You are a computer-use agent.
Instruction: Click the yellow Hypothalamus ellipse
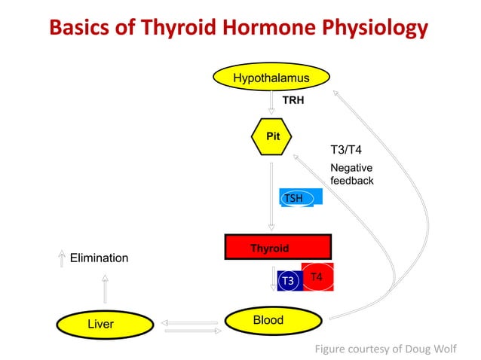click(x=271, y=78)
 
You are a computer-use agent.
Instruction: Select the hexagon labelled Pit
click(x=272, y=137)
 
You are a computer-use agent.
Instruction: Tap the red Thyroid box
click(x=277, y=248)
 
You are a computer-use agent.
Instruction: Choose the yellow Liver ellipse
click(x=100, y=325)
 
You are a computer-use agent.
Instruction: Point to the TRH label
click(x=293, y=100)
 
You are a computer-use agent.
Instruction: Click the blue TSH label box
click(x=301, y=197)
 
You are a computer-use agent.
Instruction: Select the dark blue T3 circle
click(x=287, y=281)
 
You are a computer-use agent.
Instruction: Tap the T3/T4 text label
click(x=347, y=150)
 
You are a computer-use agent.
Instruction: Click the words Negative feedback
click(x=352, y=175)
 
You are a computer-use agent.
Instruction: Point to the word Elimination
click(x=99, y=258)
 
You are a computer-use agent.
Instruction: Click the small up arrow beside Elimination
click(x=61, y=258)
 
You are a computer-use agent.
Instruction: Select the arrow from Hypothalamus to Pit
click(x=272, y=102)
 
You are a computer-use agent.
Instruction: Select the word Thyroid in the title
click(x=190, y=28)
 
